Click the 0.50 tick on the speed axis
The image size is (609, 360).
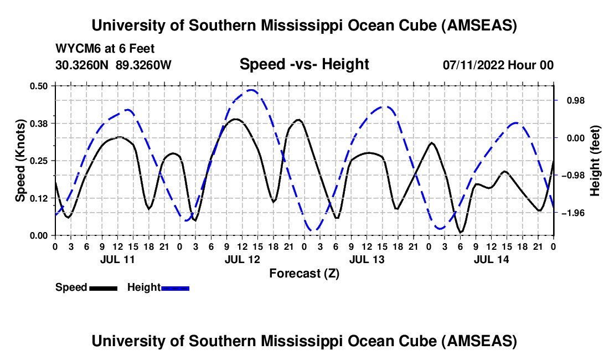tap(40, 85)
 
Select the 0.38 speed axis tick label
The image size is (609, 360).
tap(40, 123)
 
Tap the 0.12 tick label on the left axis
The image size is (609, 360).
tap(40, 198)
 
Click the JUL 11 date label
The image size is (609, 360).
tap(117, 259)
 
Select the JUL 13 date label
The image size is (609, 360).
tap(367, 259)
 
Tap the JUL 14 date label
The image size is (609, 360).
tap(491, 259)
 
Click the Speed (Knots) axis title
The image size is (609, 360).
tap(20, 160)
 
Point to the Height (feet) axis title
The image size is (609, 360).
tap(595, 160)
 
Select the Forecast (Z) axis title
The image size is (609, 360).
tap(304, 273)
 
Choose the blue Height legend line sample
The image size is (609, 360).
tap(175, 287)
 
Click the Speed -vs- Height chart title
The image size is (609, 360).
tap(304, 64)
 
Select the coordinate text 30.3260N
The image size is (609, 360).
tap(84, 65)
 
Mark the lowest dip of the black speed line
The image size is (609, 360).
tap(461, 232)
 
